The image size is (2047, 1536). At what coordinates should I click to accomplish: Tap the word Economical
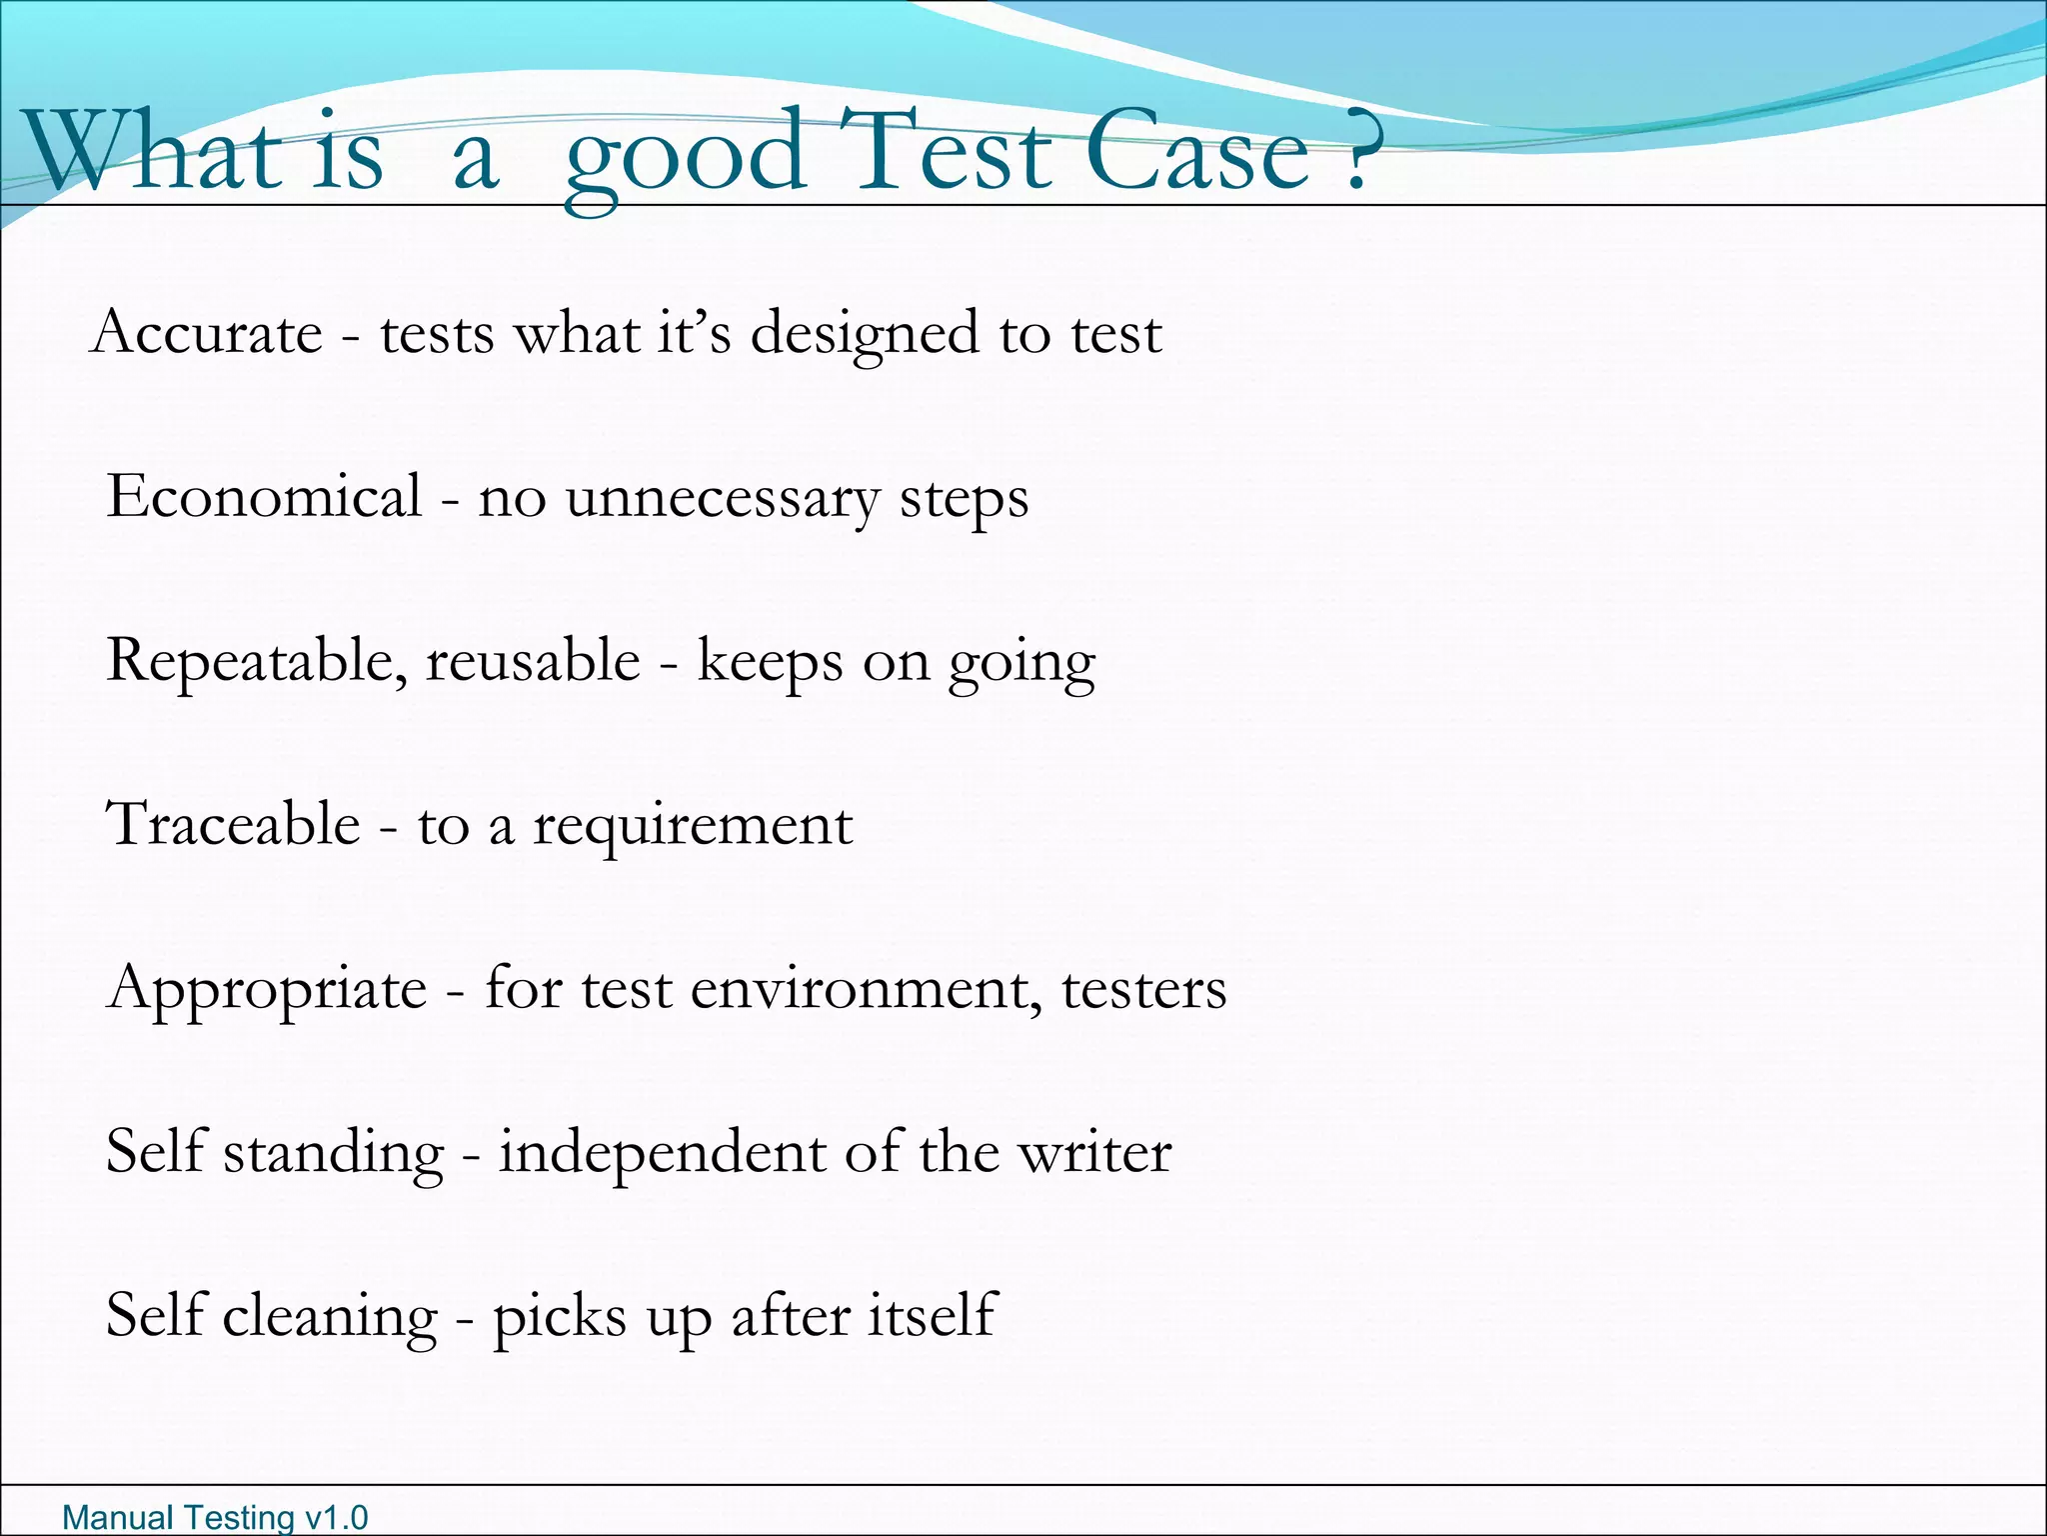coord(264,496)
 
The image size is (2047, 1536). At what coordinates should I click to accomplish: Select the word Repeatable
coord(256,662)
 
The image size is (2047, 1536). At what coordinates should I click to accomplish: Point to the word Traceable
coord(233,825)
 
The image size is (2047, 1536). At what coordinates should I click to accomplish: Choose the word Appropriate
coord(267,990)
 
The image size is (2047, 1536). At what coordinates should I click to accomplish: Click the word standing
coord(333,1153)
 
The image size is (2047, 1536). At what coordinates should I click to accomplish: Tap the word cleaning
coord(330,1316)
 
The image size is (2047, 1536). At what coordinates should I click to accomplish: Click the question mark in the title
coord(1356,152)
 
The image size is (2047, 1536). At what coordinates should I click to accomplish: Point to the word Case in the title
coord(1196,152)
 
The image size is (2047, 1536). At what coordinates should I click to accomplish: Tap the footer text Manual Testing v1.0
coord(215,1517)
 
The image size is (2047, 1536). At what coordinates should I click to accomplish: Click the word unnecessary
coord(722,498)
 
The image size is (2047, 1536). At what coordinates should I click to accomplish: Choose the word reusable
coord(533,662)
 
